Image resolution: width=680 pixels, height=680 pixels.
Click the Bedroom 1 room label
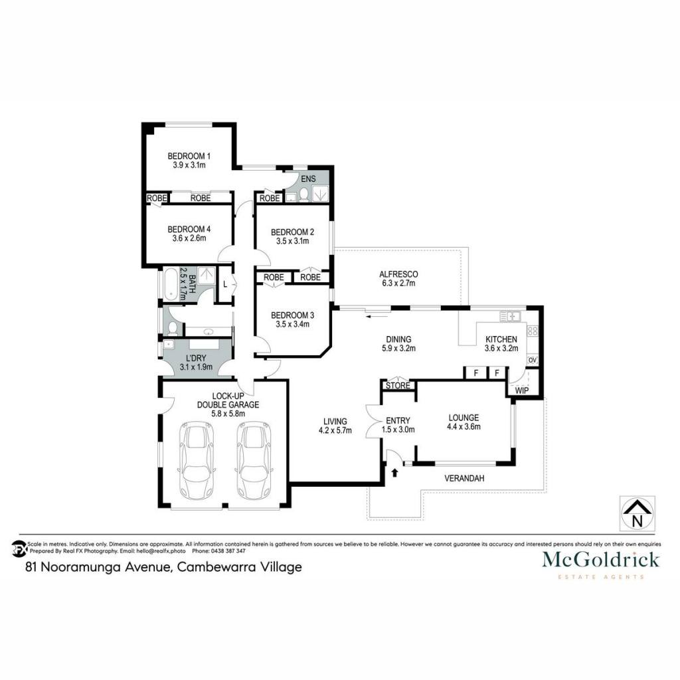pos(189,155)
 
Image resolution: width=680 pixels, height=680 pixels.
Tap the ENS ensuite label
pos(308,179)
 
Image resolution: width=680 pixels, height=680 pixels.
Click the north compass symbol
pos(637,514)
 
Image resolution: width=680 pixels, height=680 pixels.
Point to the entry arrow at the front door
pos(394,472)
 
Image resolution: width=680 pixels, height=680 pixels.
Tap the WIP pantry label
pos(522,390)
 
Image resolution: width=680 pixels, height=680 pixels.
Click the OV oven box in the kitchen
pos(533,360)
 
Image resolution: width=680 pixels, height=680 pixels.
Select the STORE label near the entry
pos(398,386)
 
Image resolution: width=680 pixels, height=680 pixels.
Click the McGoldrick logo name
pos(600,559)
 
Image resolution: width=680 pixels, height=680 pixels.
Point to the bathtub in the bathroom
pos(170,284)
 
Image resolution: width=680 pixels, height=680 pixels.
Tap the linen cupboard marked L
pos(225,284)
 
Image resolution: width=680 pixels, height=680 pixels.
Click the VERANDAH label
pos(464,478)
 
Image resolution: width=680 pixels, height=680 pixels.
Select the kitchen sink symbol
pos(510,316)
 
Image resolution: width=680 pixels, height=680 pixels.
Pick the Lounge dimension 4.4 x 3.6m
pos(464,427)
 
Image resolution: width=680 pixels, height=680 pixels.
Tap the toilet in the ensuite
pos(303,195)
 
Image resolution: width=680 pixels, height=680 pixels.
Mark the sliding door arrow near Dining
pos(372,316)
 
